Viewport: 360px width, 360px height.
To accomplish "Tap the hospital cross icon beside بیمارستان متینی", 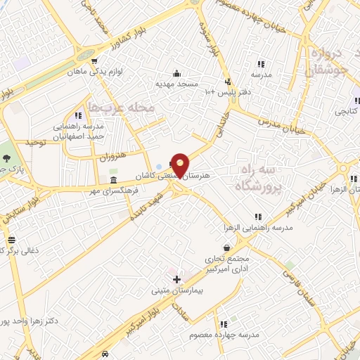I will click(176, 279).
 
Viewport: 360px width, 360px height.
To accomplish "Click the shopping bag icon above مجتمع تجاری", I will click(226, 247).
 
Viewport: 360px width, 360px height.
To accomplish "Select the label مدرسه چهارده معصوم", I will click(224, 335).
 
